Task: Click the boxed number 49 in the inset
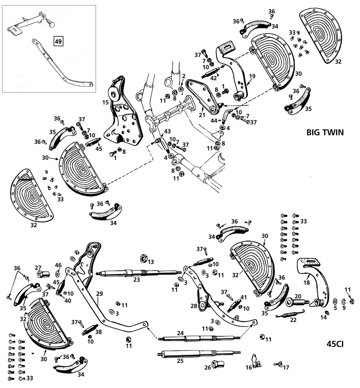(59, 41)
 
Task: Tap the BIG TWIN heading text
(325, 132)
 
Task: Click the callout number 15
(106, 102)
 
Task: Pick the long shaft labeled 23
(137, 273)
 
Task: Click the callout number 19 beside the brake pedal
(252, 76)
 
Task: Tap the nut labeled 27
(42, 274)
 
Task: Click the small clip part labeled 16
(254, 359)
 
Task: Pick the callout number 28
(194, 306)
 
